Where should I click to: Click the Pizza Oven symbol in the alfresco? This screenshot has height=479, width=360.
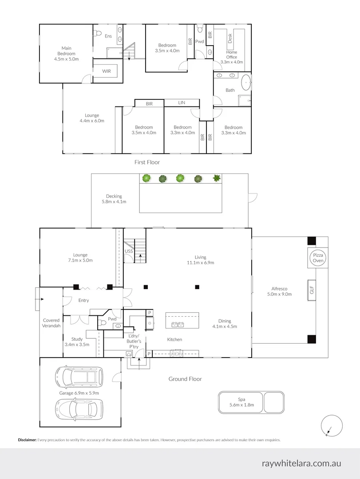[318, 258]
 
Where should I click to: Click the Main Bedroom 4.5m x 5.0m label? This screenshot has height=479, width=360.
[66, 53]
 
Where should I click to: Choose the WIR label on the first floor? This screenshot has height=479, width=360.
[107, 71]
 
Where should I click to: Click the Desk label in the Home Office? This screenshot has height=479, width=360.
[230, 39]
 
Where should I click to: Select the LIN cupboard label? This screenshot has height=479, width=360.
[182, 103]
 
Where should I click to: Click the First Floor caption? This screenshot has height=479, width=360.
[147, 162]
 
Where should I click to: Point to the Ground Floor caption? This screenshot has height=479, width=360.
[185, 379]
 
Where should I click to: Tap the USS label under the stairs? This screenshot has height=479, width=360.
[129, 251]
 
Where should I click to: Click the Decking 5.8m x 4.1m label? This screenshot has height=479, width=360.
[114, 199]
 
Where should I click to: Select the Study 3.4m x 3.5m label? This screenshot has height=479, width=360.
[77, 342]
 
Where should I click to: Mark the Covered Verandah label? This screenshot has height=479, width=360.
[51, 323]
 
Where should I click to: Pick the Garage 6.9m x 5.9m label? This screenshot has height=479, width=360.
[79, 393]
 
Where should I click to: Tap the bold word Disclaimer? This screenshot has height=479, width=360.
[27, 440]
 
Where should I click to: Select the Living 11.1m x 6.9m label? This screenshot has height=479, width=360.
[201, 260]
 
